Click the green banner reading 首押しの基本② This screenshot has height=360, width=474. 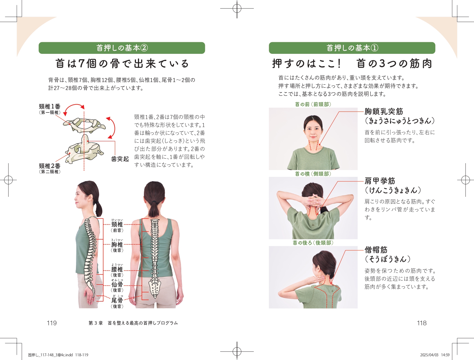tap(122, 48)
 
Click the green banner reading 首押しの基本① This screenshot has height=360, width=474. tap(352, 48)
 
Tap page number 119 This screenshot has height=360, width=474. tap(51, 323)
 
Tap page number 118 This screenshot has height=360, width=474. tap(422, 323)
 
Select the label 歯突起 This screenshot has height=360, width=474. tap(120, 159)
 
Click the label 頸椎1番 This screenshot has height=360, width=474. tap(50, 107)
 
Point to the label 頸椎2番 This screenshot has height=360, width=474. tap(50, 166)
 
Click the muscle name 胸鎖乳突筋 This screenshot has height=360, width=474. tap(384, 111)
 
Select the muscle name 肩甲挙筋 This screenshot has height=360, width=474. tap(380, 181)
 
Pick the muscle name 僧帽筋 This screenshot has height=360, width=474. tap(376, 250)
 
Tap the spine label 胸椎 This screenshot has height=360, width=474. tap(117, 245)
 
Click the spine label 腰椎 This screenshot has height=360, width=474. tap(117, 269)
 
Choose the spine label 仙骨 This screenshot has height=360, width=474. tap(117, 284)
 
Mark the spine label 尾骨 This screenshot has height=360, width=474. tap(117, 300)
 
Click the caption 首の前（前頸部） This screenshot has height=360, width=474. tap(313, 104)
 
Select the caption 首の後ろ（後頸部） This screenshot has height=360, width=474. tap(313, 243)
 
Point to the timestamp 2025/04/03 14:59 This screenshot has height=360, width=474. tap(435, 355)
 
